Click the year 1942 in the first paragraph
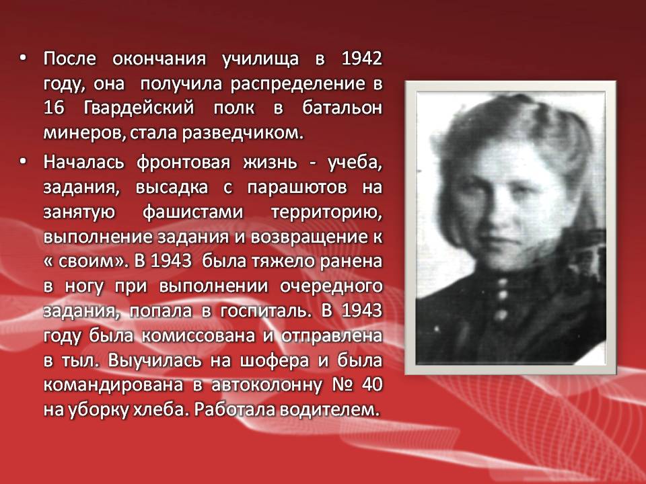[362, 59]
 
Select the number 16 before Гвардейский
[54, 108]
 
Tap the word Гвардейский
[139, 109]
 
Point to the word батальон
[342, 108]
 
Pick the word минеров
[85, 134]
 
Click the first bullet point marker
[22, 59]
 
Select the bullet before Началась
[22, 162]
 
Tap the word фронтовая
[183, 163]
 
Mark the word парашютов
[297, 188]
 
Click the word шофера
[275, 361]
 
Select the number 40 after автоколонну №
[372, 385]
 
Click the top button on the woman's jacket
[502, 283]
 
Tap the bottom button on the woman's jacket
[501, 315]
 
